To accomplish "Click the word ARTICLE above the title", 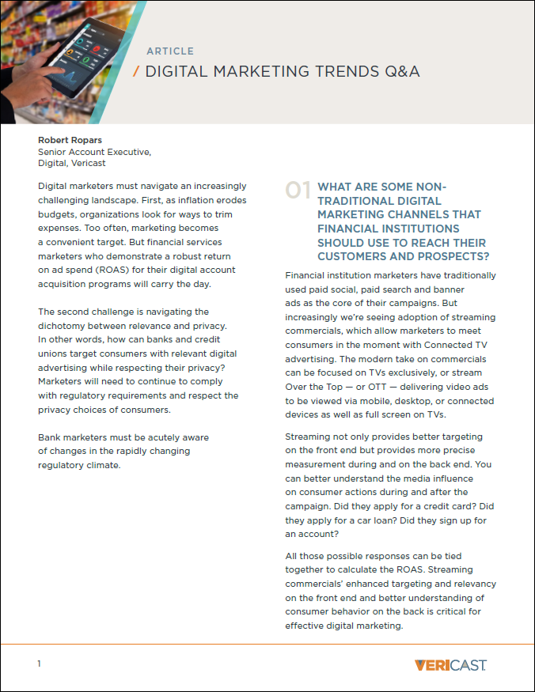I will point(171,51).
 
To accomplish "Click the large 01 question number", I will point(298,191).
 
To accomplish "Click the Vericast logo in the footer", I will point(450,664).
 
